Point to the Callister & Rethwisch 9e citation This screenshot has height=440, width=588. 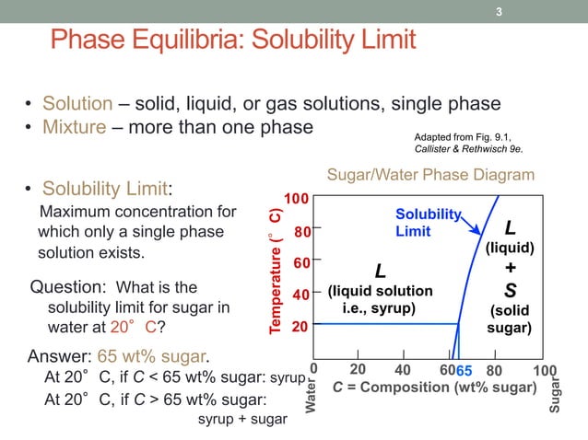click(x=468, y=149)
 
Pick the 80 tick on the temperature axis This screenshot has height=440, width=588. click(x=301, y=231)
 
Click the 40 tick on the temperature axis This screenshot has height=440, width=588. click(x=301, y=295)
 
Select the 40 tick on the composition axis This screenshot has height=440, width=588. click(x=402, y=370)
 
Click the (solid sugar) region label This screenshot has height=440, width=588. click(x=509, y=318)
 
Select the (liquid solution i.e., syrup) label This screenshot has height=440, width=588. click(x=380, y=299)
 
